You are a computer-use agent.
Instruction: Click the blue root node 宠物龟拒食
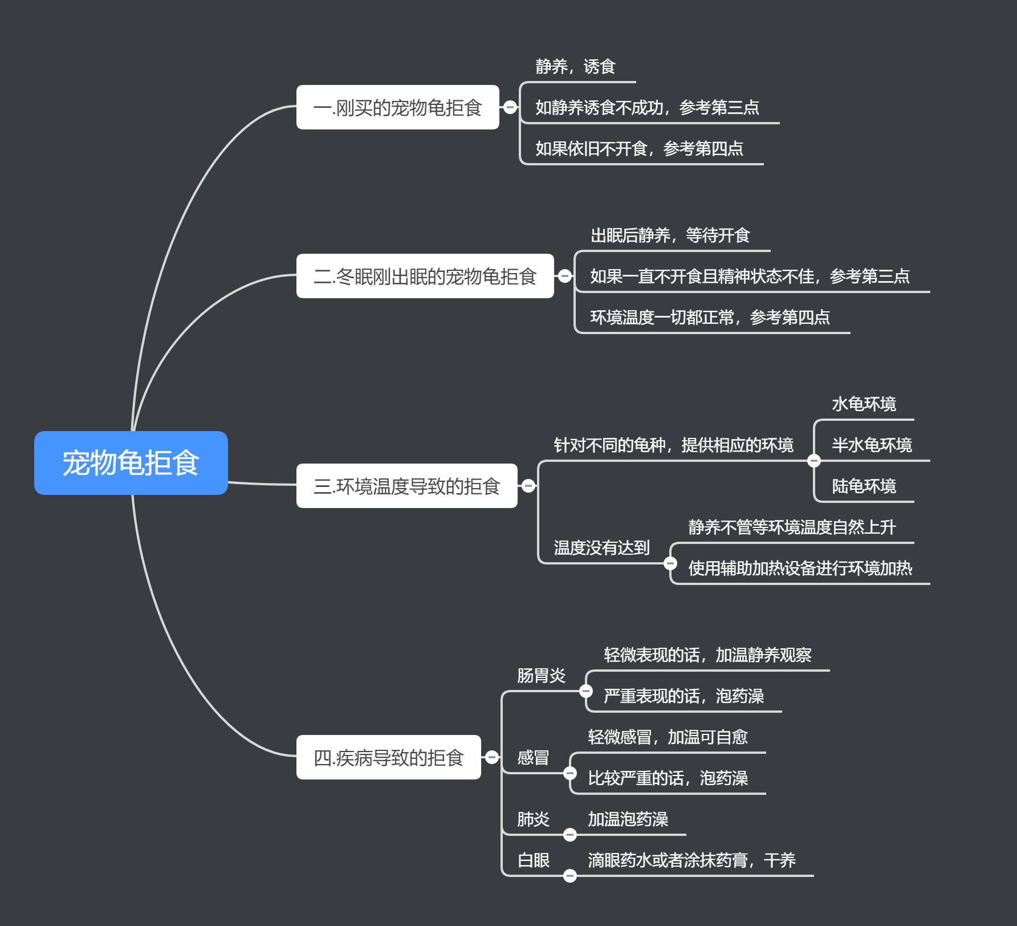(x=131, y=462)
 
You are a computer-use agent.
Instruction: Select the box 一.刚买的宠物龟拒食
(x=397, y=107)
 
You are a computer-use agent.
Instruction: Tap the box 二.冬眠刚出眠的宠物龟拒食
(x=425, y=276)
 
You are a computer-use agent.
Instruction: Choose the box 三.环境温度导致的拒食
(x=406, y=486)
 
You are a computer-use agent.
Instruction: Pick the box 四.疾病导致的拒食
(x=388, y=757)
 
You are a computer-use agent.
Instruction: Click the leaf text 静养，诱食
(x=575, y=67)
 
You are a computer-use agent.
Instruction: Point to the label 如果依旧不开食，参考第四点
(x=639, y=149)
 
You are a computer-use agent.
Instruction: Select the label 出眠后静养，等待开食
(x=670, y=235)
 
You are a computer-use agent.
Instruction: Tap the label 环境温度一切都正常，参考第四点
(x=710, y=318)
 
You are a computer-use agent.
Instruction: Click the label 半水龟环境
(x=872, y=445)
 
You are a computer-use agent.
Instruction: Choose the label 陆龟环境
(x=864, y=486)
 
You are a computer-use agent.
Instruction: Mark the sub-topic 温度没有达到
(x=601, y=548)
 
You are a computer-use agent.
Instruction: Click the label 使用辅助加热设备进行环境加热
(x=800, y=568)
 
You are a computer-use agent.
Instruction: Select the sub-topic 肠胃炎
(x=541, y=676)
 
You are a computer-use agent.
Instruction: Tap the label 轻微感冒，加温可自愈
(x=668, y=737)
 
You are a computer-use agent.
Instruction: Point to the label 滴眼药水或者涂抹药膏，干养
(x=691, y=860)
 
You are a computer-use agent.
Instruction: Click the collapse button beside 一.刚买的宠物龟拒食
(x=510, y=107)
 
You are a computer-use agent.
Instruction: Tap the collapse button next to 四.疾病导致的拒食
(x=492, y=757)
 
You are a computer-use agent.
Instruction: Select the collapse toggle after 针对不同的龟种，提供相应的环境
(x=814, y=461)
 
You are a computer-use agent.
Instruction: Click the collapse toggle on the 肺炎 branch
(x=569, y=835)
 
